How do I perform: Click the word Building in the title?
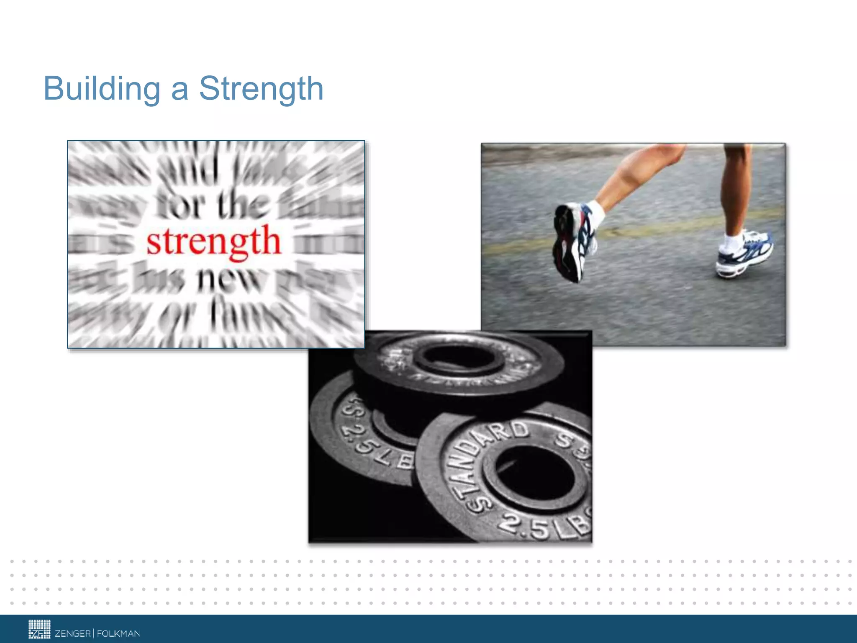[102, 89]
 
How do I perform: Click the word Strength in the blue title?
[261, 89]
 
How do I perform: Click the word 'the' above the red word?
[242, 205]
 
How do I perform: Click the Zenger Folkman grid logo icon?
[39, 629]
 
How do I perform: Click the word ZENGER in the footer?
[73, 633]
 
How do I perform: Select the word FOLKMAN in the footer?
[118, 633]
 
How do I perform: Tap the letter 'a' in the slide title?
[180, 90]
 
